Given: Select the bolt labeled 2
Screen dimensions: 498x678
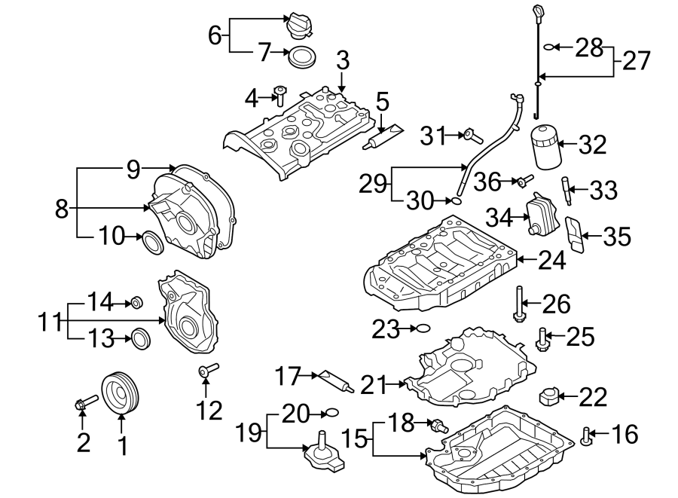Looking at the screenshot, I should coord(84,404).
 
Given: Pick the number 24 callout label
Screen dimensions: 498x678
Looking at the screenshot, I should coord(552,261).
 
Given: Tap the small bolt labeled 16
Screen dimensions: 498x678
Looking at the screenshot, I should coord(588,435).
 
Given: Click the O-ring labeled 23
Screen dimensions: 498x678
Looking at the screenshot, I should coord(423,328).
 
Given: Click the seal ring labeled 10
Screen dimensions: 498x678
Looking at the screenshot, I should coord(152,243).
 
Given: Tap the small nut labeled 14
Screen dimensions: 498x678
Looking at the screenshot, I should coord(136,303).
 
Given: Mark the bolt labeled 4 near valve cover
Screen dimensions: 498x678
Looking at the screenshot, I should coord(280,95).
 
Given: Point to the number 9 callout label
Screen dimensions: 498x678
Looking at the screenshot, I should coord(133,170).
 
